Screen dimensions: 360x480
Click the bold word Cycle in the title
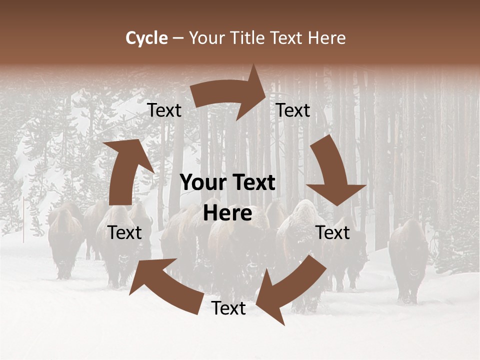pyautogui.click(x=146, y=38)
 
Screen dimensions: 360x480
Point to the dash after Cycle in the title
pyautogui.click(x=178, y=38)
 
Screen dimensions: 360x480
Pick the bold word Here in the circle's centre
pyautogui.click(x=227, y=213)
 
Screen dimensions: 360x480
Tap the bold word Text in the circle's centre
pyautogui.click(x=253, y=183)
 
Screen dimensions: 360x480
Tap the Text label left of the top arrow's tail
pyautogui.click(x=164, y=110)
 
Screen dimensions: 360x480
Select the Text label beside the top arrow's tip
pyautogui.click(x=293, y=110)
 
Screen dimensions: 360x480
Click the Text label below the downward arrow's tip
pyautogui.click(x=332, y=232)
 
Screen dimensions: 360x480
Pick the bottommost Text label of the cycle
pyautogui.click(x=228, y=308)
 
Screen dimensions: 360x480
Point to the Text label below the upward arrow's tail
pyautogui.click(x=124, y=232)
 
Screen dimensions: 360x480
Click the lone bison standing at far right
pyautogui.click(x=408, y=260)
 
